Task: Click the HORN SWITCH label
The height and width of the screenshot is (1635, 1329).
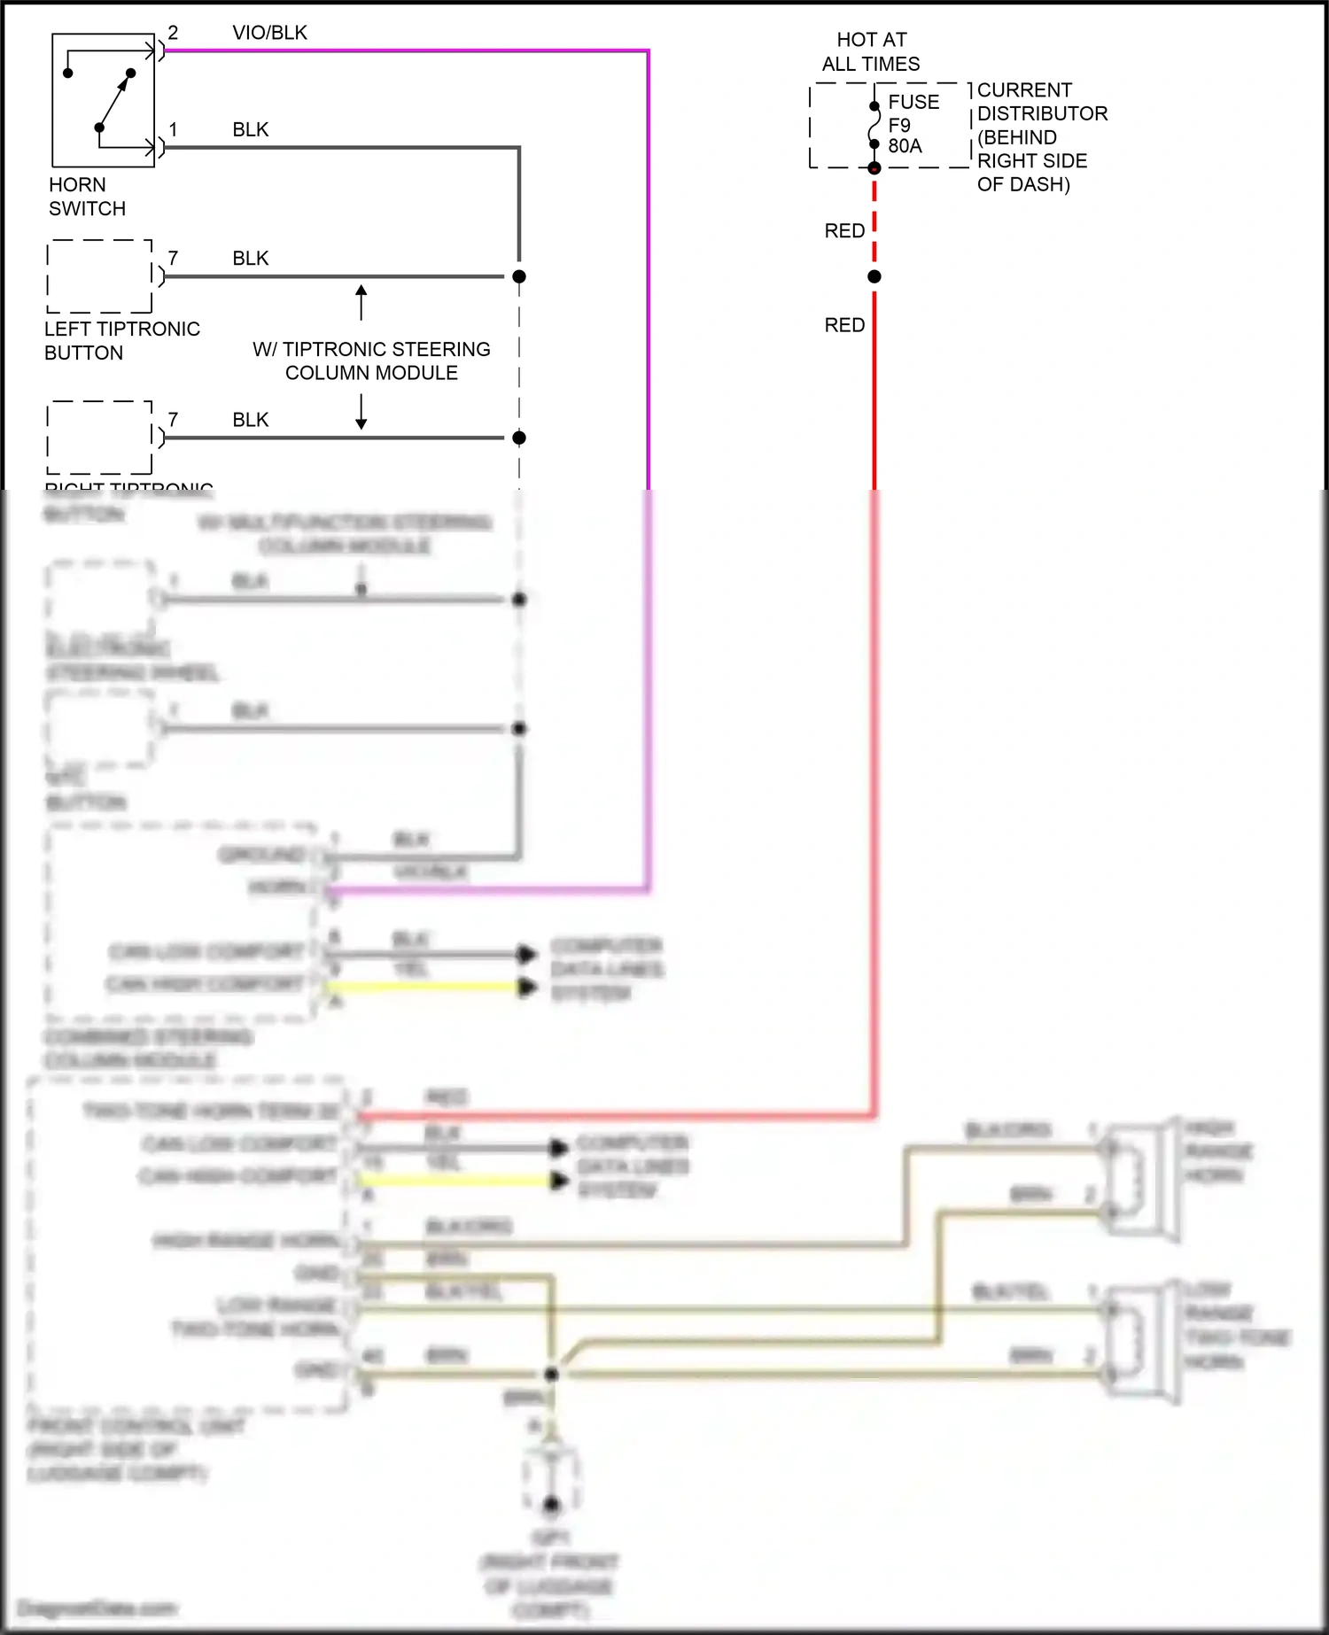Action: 87,197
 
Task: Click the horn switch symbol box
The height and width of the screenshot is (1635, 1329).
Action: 103,100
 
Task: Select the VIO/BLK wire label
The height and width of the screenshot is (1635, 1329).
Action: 269,33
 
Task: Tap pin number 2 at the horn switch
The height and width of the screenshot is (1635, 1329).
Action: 173,33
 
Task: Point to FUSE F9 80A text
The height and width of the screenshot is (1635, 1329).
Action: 913,124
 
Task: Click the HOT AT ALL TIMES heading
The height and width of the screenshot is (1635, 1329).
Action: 871,51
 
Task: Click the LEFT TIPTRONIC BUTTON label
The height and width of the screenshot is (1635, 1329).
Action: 121,340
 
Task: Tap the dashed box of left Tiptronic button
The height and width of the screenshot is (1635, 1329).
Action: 99,276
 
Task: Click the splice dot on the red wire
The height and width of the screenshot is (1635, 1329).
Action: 874,276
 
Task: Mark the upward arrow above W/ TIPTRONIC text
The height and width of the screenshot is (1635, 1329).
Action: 361,301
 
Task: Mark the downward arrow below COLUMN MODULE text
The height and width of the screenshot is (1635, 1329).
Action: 361,413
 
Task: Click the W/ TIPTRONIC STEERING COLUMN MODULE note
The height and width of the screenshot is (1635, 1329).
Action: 371,360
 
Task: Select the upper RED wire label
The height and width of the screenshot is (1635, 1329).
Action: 844,231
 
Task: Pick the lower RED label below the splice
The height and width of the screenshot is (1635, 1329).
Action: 844,325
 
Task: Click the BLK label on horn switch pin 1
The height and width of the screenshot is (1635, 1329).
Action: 250,129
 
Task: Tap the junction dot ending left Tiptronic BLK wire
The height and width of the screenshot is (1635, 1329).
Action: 519,276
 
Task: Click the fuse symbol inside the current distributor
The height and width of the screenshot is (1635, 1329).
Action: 874,125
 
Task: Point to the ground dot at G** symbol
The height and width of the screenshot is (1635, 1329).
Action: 551,1505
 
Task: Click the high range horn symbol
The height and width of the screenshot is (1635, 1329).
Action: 1142,1178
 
